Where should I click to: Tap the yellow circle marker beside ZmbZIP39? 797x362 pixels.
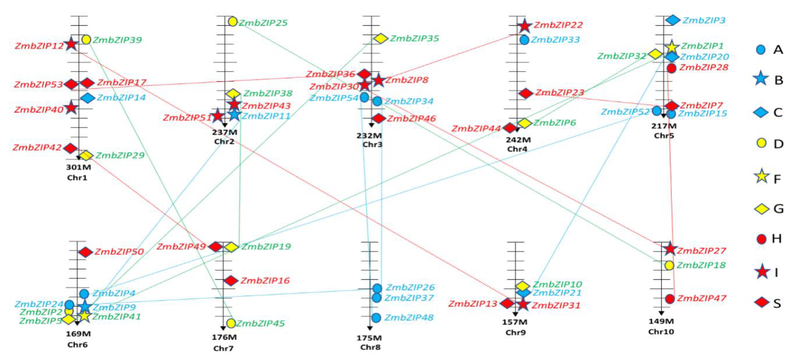pos(86,39)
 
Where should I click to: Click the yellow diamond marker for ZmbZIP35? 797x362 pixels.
pos(381,38)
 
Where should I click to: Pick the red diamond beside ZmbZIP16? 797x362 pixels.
pos(231,281)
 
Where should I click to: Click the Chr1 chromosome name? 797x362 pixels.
pos(77,178)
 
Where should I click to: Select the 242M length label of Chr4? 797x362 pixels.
pos(518,140)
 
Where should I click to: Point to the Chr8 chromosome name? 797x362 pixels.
pos(370,347)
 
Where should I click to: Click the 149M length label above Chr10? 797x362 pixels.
pos(661,321)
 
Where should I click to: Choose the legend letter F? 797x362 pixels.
pos(777,179)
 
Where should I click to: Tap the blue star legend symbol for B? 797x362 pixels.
pos(761,79)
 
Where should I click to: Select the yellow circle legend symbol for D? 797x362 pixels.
pos(761,143)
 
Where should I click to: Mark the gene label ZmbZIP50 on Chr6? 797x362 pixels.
pos(119,252)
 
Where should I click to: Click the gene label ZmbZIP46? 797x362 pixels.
pos(411,118)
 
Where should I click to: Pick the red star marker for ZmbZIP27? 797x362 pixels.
pos(670,248)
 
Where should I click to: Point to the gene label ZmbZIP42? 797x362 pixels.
pos(37,147)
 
